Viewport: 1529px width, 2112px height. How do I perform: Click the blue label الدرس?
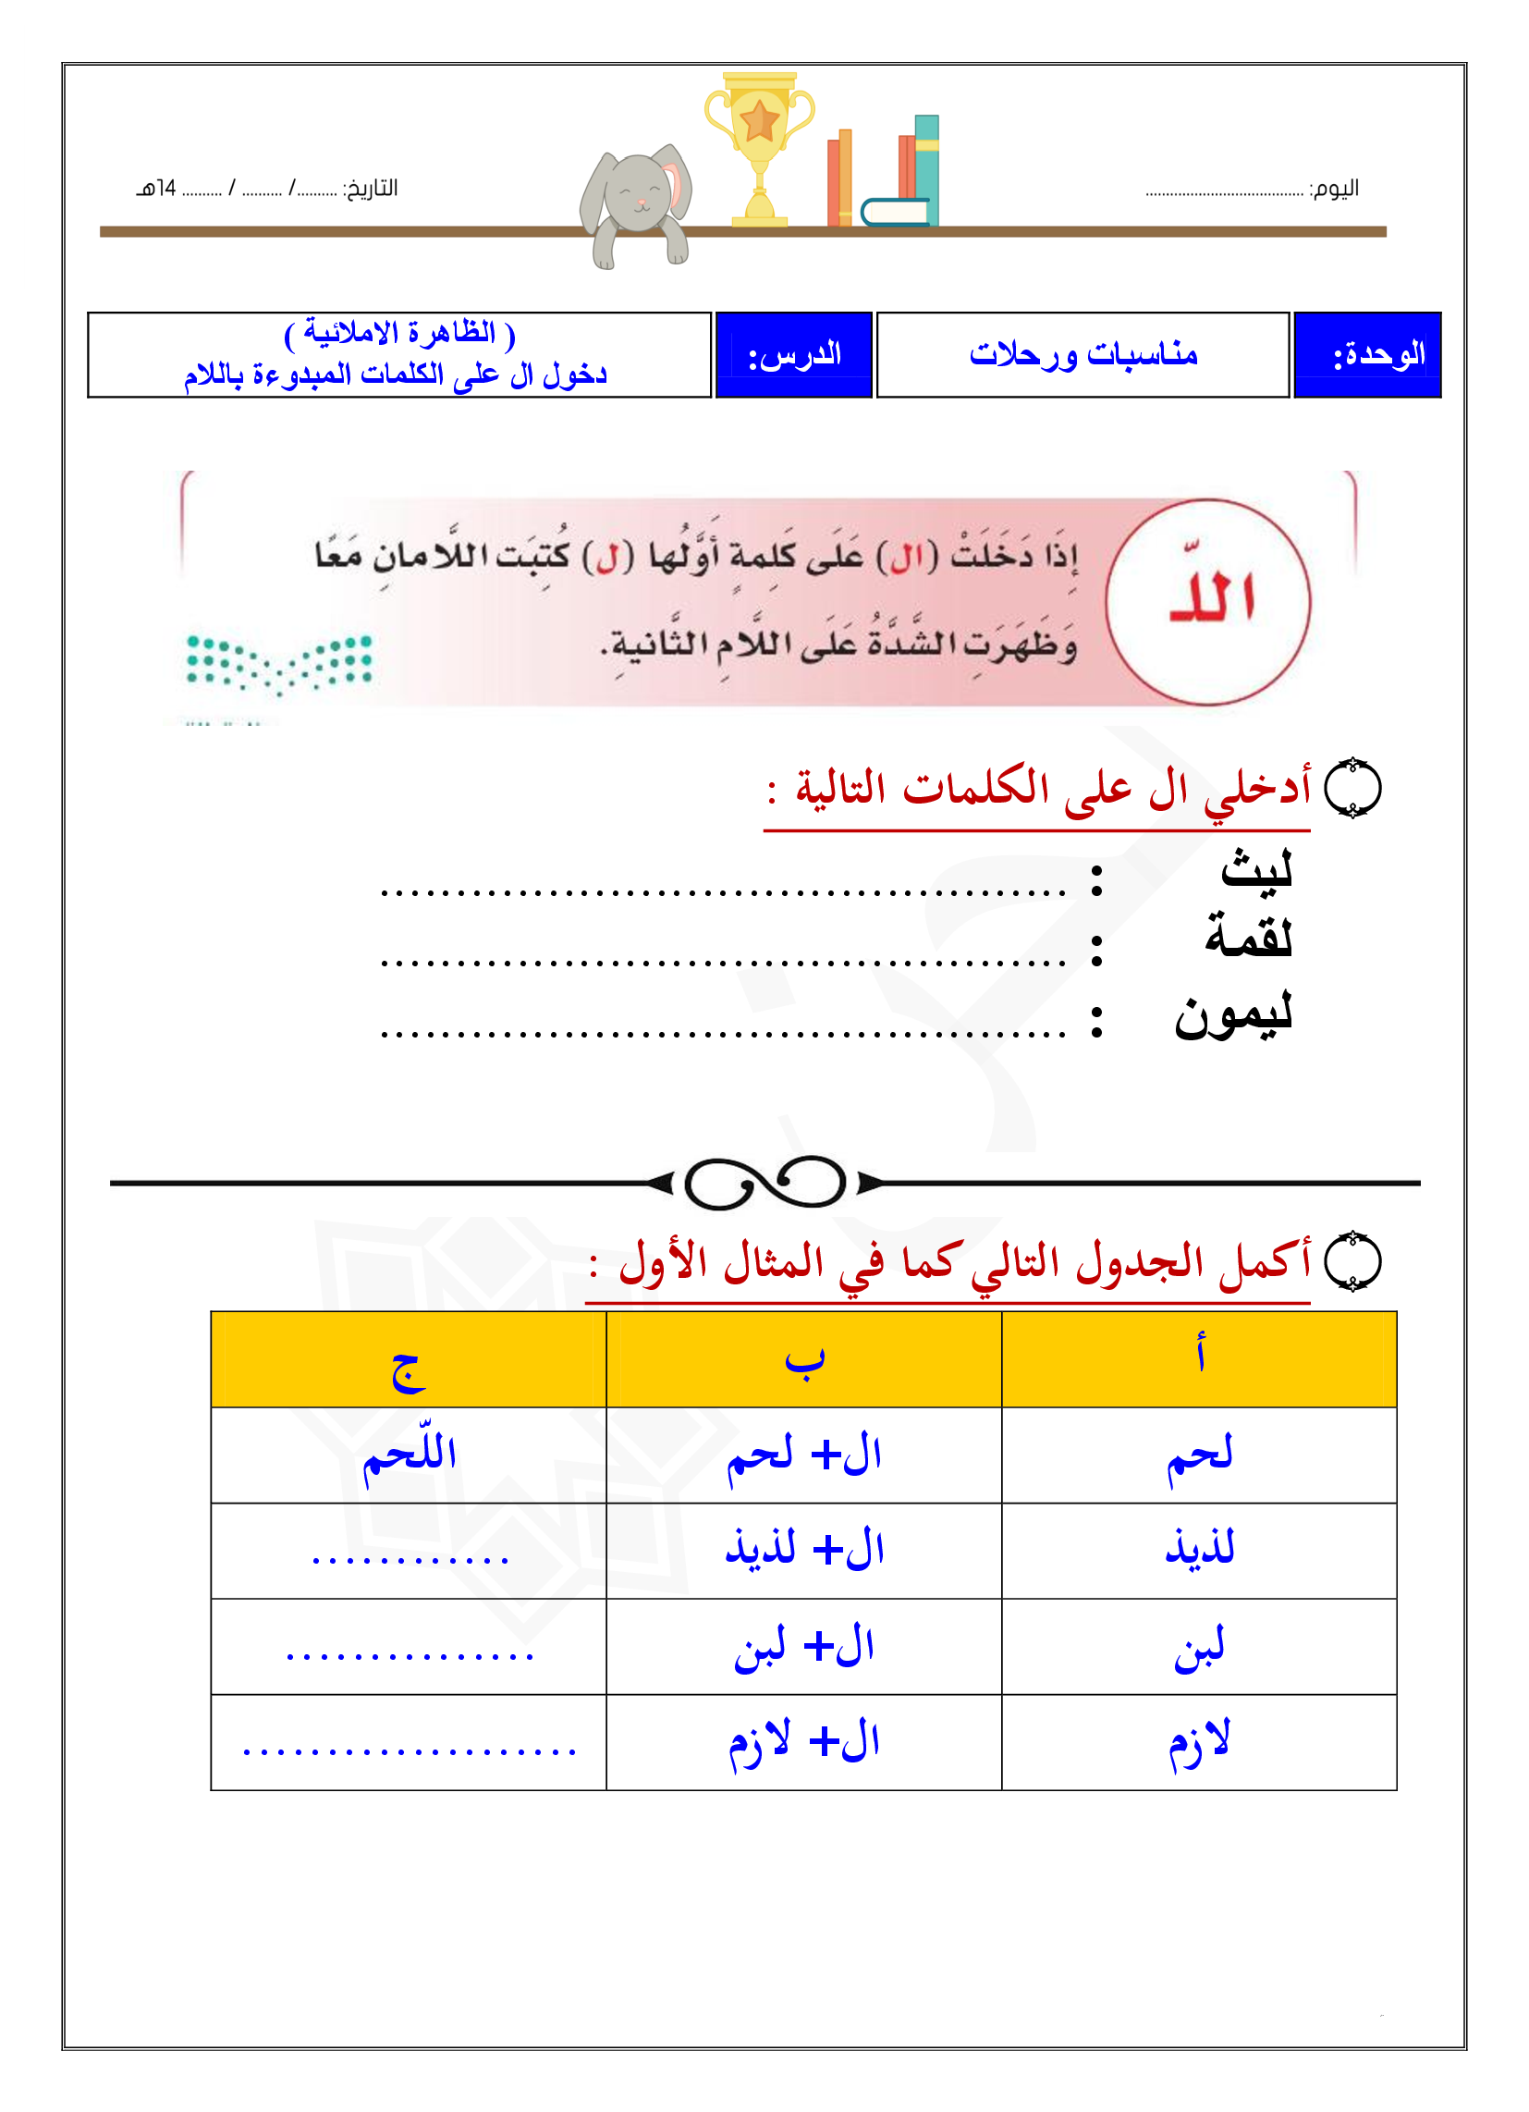[794, 355]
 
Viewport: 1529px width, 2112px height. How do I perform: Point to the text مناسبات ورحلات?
[1083, 355]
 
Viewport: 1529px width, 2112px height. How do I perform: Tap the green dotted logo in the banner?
[279, 662]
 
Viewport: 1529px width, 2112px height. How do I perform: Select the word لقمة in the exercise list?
[1249, 936]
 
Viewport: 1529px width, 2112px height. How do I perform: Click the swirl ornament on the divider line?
[764, 1184]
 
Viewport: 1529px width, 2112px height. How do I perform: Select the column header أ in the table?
[1200, 1356]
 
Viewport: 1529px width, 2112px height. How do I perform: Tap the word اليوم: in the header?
[1333, 189]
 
